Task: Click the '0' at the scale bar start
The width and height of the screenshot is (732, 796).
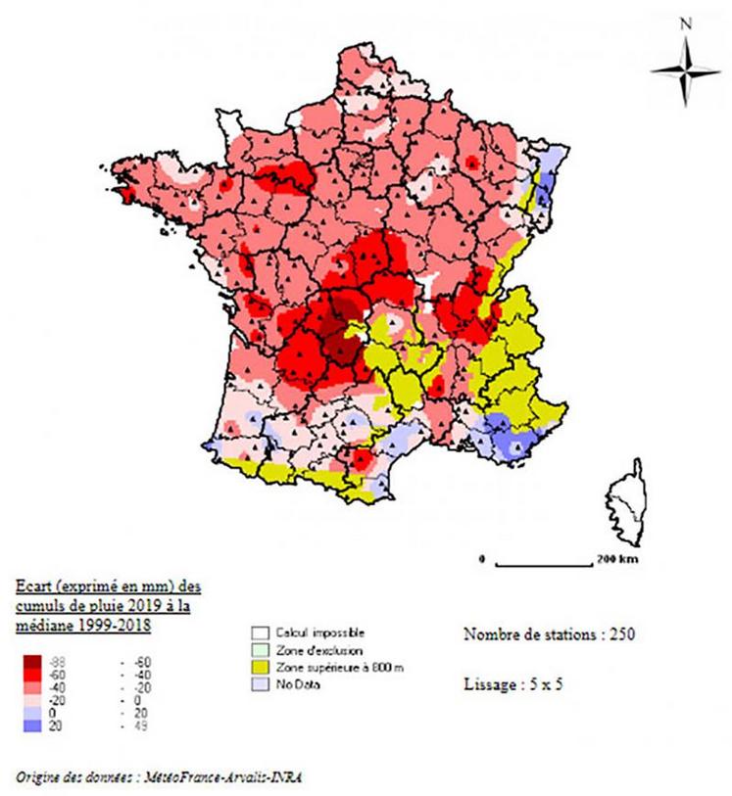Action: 482,561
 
